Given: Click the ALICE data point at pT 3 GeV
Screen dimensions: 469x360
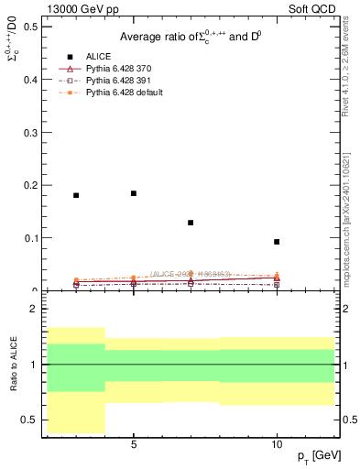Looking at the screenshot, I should click(x=76, y=195).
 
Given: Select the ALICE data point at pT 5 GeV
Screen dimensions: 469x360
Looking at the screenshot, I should click(x=134, y=193).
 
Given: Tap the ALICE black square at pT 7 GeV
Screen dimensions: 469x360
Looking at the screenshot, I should click(x=191, y=223).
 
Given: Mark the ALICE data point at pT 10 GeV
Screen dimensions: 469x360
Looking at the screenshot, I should click(x=277, y=242).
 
